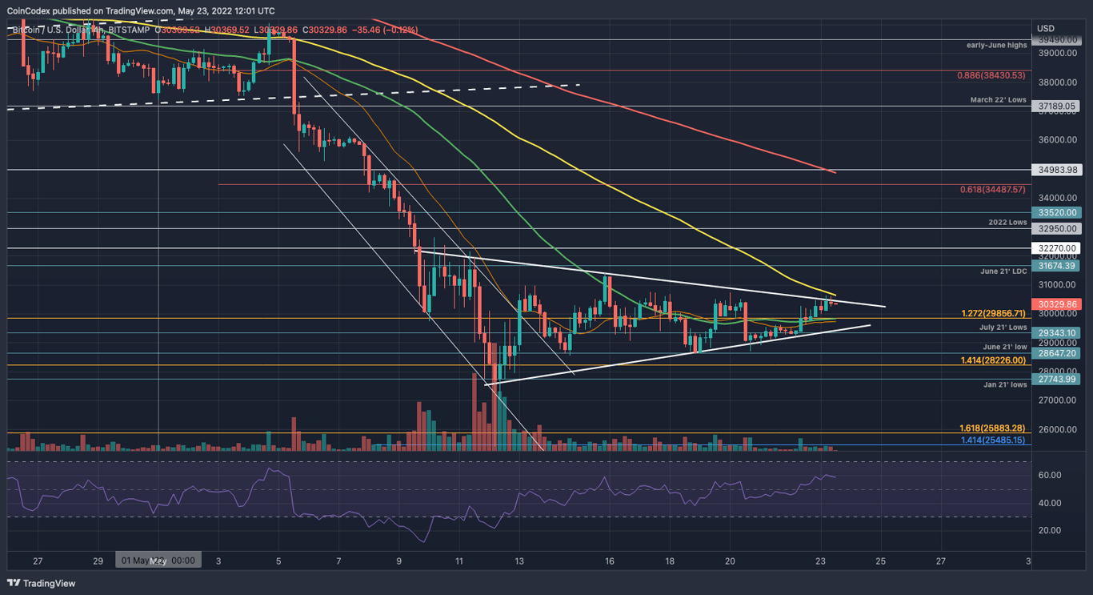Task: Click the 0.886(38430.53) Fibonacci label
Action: (991, 75)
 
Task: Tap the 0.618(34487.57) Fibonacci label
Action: (992, 190)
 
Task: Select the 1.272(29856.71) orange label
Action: (993, 314)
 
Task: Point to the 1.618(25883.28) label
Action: (992, 428)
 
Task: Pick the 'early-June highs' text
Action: (996, 45)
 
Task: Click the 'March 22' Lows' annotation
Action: (998, 100)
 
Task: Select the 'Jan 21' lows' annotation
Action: (1005, 384)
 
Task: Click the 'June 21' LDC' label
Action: (1003, 271)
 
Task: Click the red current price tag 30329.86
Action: (1058, 304)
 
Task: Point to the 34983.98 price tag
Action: (1058, 170)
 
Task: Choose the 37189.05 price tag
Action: (1058, 106)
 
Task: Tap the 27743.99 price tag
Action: (1058, 380)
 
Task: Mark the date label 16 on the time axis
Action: (610, 561)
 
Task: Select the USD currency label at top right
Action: (1045, 29)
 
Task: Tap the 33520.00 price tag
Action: (1058, 213)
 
